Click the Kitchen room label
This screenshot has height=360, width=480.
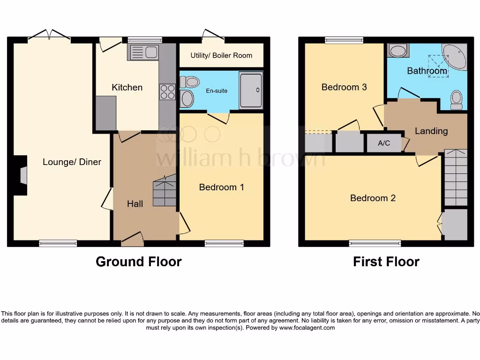click(127, 87)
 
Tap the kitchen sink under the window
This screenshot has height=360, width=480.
click(143, 52)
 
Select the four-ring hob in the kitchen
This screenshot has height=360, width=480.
click(167, 92)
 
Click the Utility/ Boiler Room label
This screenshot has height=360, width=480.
click(221, 55)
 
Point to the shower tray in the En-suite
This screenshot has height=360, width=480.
click(251, 90)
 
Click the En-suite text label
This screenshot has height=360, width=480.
click(216, 90)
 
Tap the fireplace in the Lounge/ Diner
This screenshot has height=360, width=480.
click(22, 175)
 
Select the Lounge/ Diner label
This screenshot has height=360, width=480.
click(72, 162)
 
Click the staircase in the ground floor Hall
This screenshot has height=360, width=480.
click(165, 191)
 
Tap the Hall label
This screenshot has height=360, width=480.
click(135, 203)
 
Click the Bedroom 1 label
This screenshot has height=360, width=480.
click(221, 187)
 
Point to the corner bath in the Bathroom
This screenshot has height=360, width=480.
click(454, 57)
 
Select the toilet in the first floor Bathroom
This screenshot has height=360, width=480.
click(456, 100)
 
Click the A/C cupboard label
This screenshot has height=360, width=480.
click(384, 143)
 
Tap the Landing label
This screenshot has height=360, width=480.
click(431, 131)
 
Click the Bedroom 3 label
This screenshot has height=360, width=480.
click(344, 87)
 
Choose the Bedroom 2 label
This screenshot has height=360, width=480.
click(373, 198)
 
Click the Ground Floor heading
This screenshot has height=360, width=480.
click(138, 262)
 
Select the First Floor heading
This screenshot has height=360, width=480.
click(386, 262)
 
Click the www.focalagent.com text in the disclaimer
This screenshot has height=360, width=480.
click(307, 328)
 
